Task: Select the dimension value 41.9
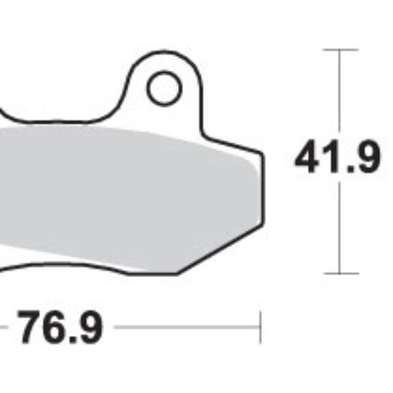click(337, 159)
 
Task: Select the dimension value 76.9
click(60, 328)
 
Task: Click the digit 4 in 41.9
click(308, 159)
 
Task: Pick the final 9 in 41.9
click(365, 159)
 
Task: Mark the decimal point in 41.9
click(347, 170)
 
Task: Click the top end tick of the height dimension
click(340, 50)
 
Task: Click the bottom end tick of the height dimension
click(340, 272)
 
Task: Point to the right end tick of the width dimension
click(261, 327)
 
